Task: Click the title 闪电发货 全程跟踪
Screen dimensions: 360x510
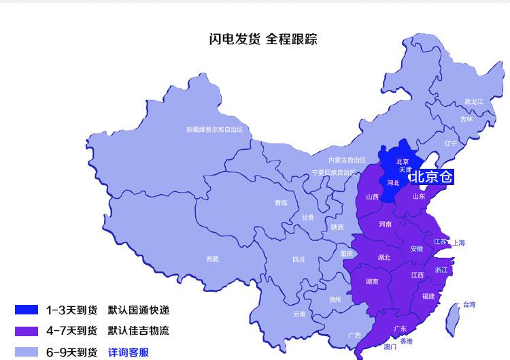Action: [263, 39]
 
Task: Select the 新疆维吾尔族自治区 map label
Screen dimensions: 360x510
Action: [214, 129]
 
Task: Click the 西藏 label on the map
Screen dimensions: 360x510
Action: [212, 259]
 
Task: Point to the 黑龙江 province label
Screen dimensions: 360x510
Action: [473, 102]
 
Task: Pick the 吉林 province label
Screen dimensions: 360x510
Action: [466, 119]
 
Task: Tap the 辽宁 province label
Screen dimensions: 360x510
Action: [451, 144]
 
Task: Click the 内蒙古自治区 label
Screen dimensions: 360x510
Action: [347, 160]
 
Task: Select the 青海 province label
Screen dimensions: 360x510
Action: [281, 203]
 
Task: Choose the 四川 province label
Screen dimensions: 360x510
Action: [299, 259]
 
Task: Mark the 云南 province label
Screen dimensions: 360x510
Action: [299, 314]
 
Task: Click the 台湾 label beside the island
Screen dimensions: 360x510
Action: [469, 304]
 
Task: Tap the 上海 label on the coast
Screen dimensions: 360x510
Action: [458, 242]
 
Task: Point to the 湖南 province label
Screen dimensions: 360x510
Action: [372, 281]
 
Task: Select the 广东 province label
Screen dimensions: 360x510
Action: [400, 329]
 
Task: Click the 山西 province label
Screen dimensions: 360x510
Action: [372, 197]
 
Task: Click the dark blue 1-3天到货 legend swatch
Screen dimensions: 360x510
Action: [27, 310]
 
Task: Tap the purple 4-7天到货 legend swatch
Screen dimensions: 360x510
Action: [27, 331]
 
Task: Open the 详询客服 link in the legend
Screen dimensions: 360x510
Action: [129, 353]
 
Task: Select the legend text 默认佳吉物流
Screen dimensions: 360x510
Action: [138, 331]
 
